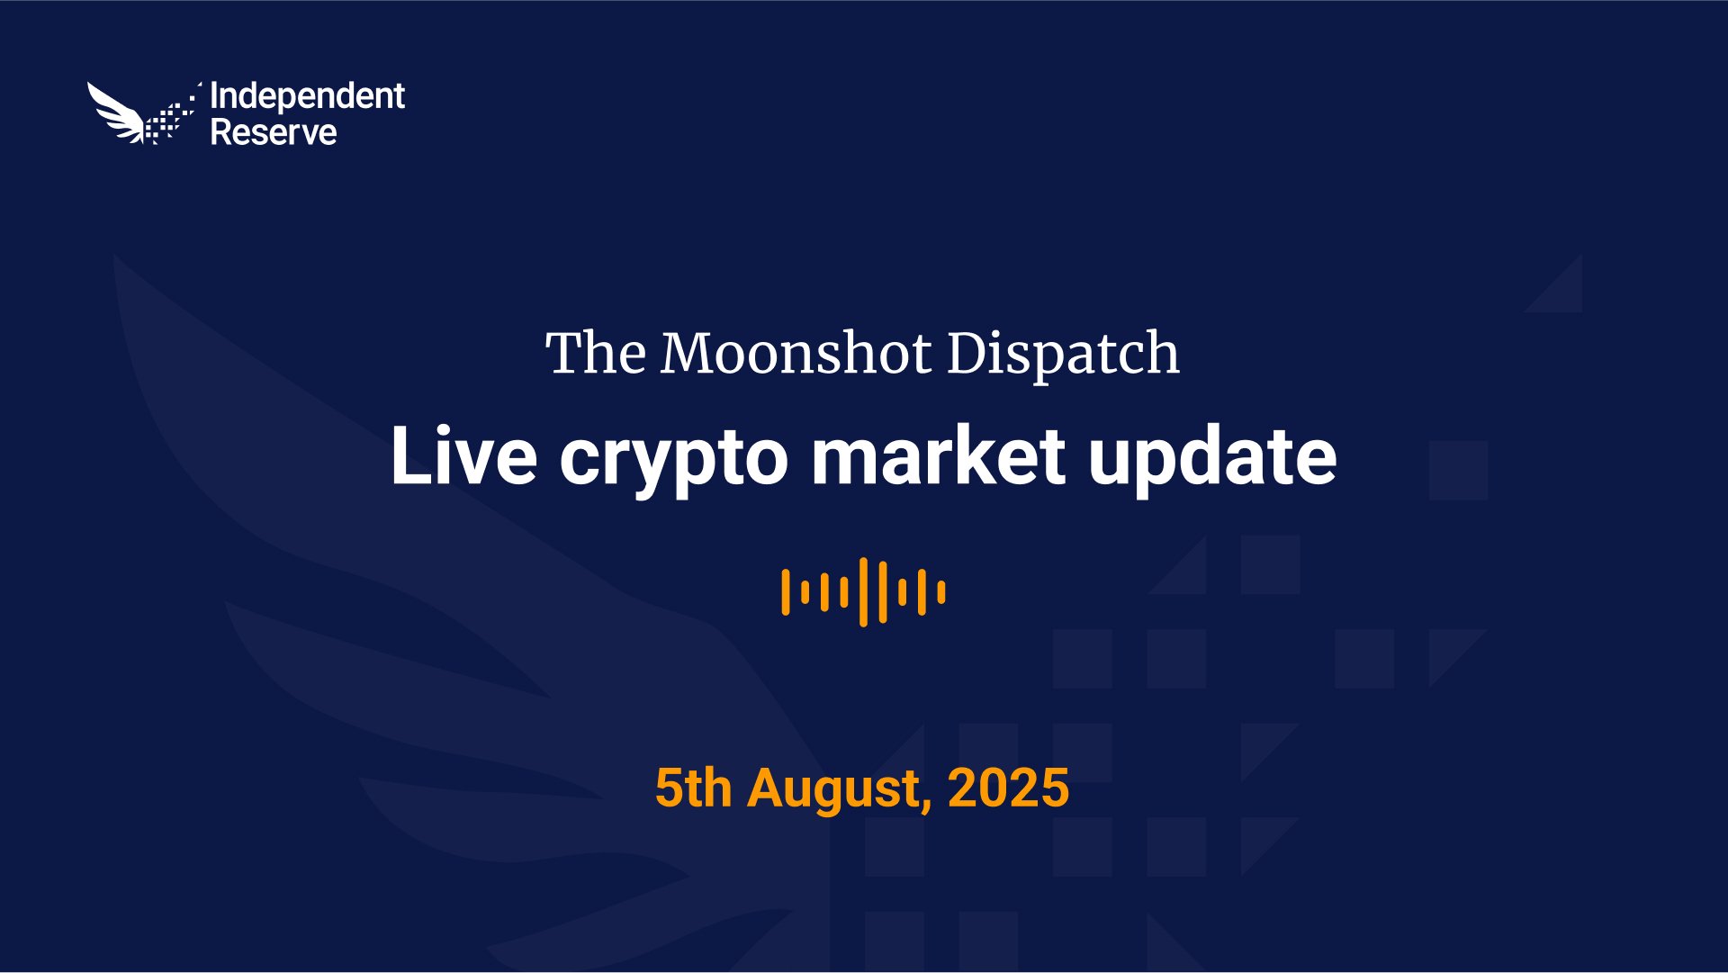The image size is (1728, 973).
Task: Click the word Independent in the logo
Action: (x=307, y=97)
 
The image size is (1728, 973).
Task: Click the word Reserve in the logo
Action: (x=274, y=132)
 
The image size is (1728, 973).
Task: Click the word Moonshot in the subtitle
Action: (x=796, y=353)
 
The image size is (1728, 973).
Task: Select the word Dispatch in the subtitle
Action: (x=1063, y=354)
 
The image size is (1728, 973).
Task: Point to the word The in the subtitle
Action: (x=595, y=353)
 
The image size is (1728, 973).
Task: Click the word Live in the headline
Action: (x=463, y=456)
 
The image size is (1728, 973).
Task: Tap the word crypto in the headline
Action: (x=673, y=461)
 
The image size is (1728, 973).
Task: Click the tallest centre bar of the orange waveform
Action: (x=863, y=592)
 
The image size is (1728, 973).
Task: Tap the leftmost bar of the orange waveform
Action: (x=786, y=592)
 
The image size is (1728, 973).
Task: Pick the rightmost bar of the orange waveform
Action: (x=941, y=592)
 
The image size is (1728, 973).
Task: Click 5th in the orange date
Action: (x=693, y=788)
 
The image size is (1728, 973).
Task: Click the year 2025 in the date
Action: (x=1008, y=788)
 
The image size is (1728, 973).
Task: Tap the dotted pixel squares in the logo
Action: (x=172, y=115)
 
